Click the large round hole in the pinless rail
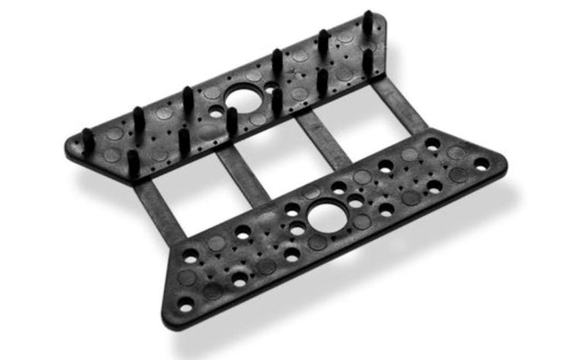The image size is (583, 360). coord(327,216)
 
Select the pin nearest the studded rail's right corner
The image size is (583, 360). coord(367,23)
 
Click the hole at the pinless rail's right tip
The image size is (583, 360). coord(481,163)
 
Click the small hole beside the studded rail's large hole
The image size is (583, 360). coord(217,112)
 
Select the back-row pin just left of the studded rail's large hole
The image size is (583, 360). coord(187,100)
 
